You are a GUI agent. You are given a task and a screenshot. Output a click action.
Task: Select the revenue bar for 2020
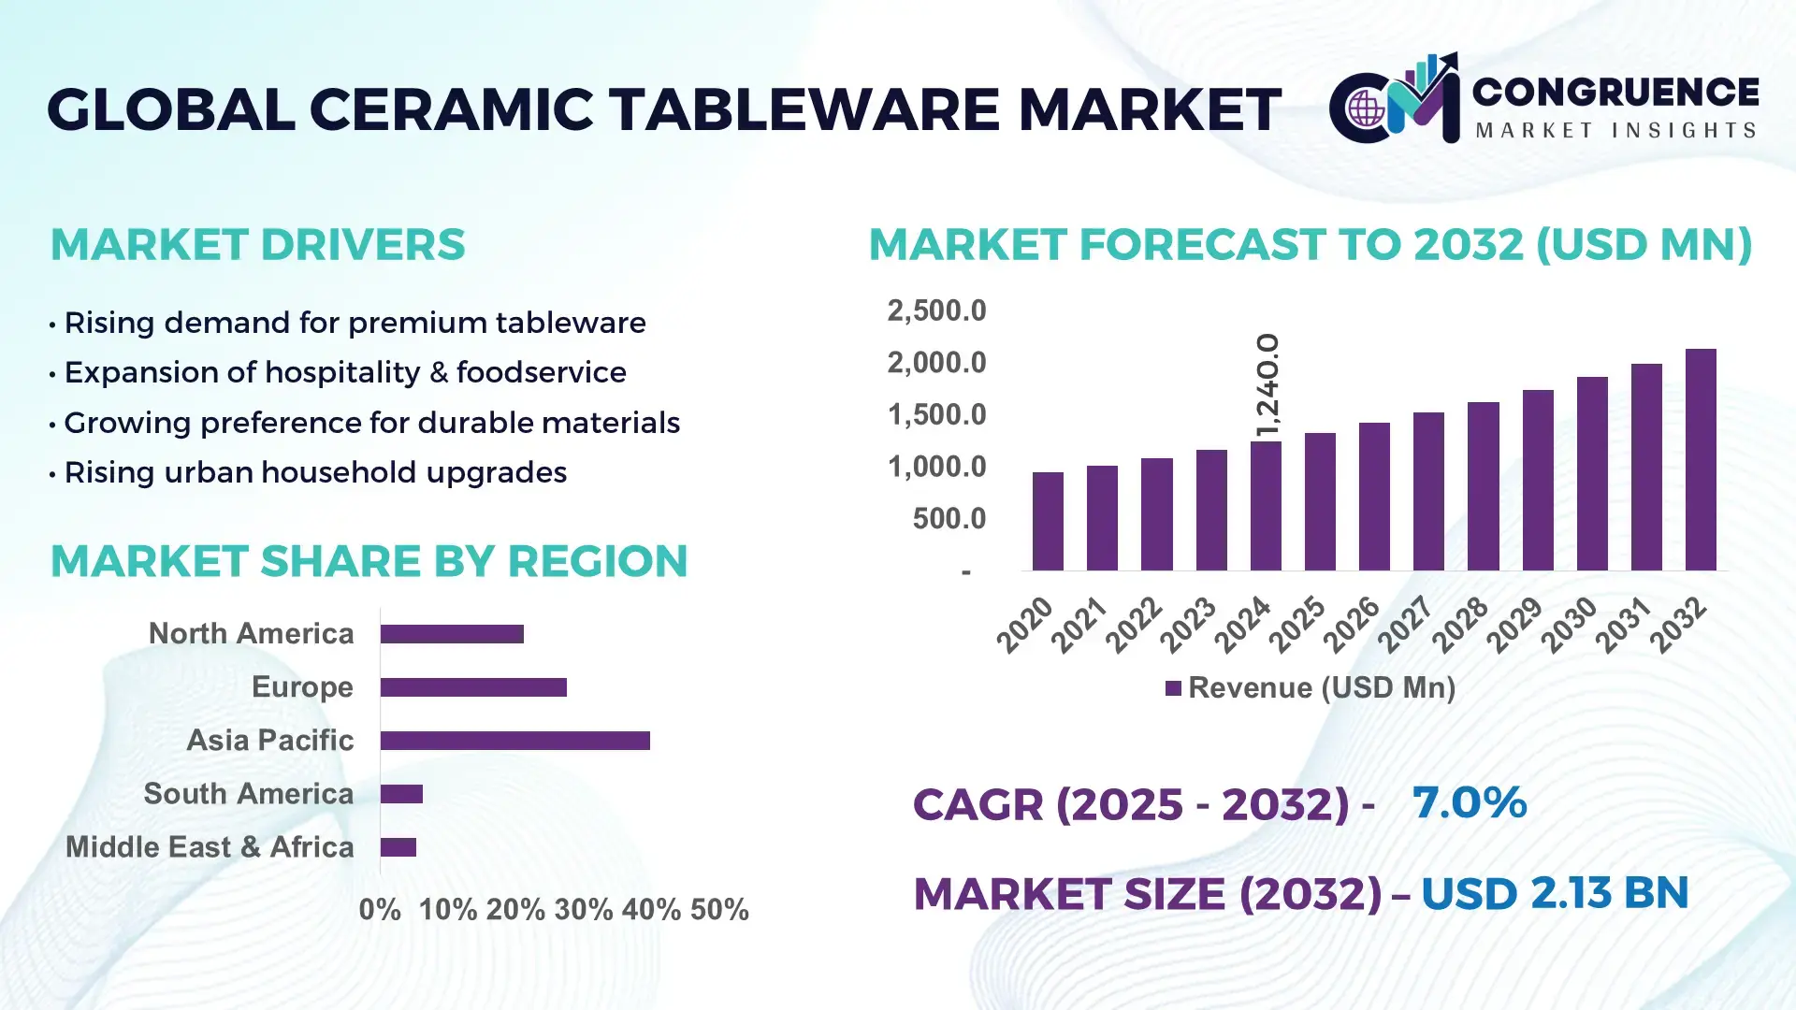point(1048,521)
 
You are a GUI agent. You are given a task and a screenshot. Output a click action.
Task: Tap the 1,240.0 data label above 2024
point(1267,384)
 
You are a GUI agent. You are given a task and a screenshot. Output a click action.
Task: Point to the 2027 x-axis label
point(1405,624)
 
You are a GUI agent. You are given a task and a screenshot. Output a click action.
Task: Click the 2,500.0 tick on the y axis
point(936,310)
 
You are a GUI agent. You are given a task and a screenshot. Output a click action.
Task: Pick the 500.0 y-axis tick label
point(949,518)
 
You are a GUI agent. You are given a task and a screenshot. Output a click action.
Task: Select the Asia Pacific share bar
point(514,741)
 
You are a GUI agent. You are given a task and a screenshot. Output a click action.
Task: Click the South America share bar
point(401,794)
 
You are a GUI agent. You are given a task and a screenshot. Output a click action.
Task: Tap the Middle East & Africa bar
point(398,847)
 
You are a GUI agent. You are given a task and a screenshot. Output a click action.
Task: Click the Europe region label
point(302,687)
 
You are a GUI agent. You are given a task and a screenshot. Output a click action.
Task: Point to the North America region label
point(251,634)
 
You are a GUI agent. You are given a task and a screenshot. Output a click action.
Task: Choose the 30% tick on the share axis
point(583,910)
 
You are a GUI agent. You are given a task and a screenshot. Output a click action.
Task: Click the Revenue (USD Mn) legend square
point(1173,689)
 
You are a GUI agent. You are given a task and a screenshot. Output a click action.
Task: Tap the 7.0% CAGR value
point(1469,802)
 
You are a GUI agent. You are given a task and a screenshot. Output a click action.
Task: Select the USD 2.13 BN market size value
point(1555,893)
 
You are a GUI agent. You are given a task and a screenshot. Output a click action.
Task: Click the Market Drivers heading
point(257,245)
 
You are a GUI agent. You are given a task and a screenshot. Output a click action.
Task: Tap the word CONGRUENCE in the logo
point(1615,92)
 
